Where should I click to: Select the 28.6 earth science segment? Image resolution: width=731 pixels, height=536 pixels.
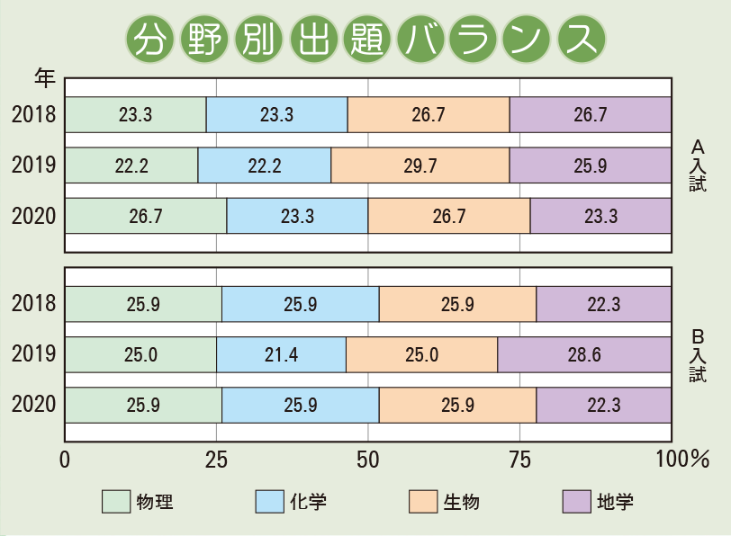(584, 355)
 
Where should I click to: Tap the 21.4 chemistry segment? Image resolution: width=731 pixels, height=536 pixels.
(281, 355)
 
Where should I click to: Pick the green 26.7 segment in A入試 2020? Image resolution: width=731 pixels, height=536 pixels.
(145, 216)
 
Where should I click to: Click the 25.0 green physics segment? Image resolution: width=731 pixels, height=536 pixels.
(140, 355)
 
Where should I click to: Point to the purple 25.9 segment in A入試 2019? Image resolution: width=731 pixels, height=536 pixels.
(591, 165)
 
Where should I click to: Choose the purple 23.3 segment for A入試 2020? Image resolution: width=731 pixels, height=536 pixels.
(600, 216)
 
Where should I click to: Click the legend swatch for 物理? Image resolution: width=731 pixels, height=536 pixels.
(115, 501)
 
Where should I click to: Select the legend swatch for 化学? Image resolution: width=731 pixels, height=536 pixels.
(269, 501)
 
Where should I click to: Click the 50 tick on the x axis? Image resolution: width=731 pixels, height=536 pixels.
(368, 460)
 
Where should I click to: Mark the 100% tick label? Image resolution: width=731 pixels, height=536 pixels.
(682, 460)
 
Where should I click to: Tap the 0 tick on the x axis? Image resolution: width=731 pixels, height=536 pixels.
(65, 460)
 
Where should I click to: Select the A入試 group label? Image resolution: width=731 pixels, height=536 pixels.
(698, 165)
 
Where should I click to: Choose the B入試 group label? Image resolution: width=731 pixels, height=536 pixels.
(698, 355)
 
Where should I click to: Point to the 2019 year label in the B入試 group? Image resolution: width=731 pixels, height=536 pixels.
(34, 355)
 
